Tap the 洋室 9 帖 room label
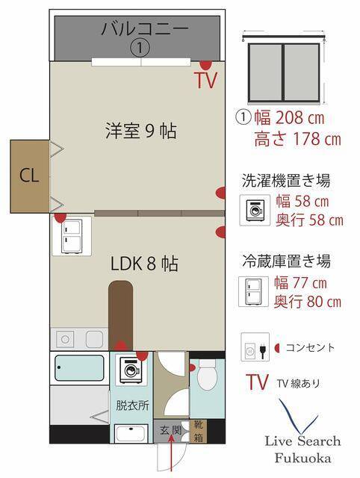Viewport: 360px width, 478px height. click(x=140, y=131)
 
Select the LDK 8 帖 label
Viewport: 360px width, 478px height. click(x=144, y=264)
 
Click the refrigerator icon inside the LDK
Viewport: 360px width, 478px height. click(x=72, y=235)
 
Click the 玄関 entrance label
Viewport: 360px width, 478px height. click(x=171, y=431)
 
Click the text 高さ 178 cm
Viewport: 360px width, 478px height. click(x=297, y=139)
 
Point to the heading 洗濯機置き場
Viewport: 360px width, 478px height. click(x=286, y=181)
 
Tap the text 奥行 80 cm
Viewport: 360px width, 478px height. click(x=307, y=302)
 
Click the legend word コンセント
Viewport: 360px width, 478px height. click(x=310, y=347)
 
